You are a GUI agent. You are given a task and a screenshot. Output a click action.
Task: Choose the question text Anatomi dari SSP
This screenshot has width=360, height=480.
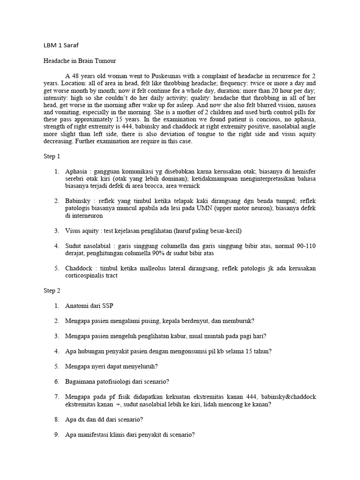(89, 306)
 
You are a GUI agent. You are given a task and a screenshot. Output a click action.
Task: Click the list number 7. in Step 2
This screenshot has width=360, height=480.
(56, 396)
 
